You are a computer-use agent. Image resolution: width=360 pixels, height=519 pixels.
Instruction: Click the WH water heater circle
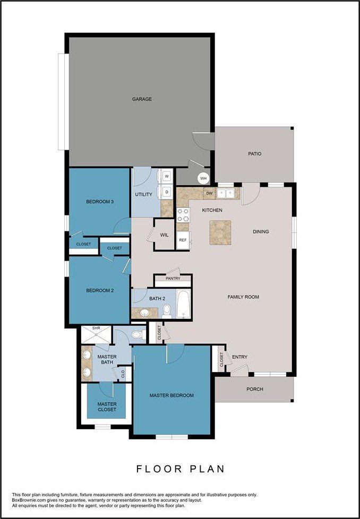tap(203, 178)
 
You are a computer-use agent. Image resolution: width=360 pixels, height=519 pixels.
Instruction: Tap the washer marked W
tap(167, 176)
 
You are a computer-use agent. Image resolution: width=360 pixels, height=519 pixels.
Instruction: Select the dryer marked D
tap(167, 192)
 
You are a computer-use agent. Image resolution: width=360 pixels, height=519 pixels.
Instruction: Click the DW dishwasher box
tap(209, 193)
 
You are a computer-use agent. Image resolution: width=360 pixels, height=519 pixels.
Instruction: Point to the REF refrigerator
tap(183, 240)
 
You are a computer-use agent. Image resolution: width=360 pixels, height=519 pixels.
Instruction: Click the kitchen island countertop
tap(220, 232)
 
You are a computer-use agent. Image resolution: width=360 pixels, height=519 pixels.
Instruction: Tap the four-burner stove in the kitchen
tap(183, 215)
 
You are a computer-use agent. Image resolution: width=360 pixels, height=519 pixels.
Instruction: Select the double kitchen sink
tap(226, 193)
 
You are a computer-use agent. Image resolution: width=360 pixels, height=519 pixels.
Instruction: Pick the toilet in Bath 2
tap(167, 311)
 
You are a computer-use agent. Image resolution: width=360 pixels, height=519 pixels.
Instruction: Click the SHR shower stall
tap(97, 335)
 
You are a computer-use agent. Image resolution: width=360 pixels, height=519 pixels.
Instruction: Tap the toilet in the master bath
tap(138, 335)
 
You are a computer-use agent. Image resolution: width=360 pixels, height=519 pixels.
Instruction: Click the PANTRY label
tap(173, 279)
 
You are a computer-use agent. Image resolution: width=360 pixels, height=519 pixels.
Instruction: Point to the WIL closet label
tap(164, 235)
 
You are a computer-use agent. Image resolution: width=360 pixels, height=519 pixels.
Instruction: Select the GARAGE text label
tap(142, 99)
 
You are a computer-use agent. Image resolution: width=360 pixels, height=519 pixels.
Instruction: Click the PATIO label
tap(255, 153)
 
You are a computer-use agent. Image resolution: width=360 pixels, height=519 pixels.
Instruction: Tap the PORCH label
tap(255, 389)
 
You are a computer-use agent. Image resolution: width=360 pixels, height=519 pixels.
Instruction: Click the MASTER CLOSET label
tap(107, 406)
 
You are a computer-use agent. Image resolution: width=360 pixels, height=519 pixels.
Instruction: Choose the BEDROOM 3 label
tap(100, 201)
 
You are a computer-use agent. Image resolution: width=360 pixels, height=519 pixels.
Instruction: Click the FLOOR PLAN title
tap(181, 469)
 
